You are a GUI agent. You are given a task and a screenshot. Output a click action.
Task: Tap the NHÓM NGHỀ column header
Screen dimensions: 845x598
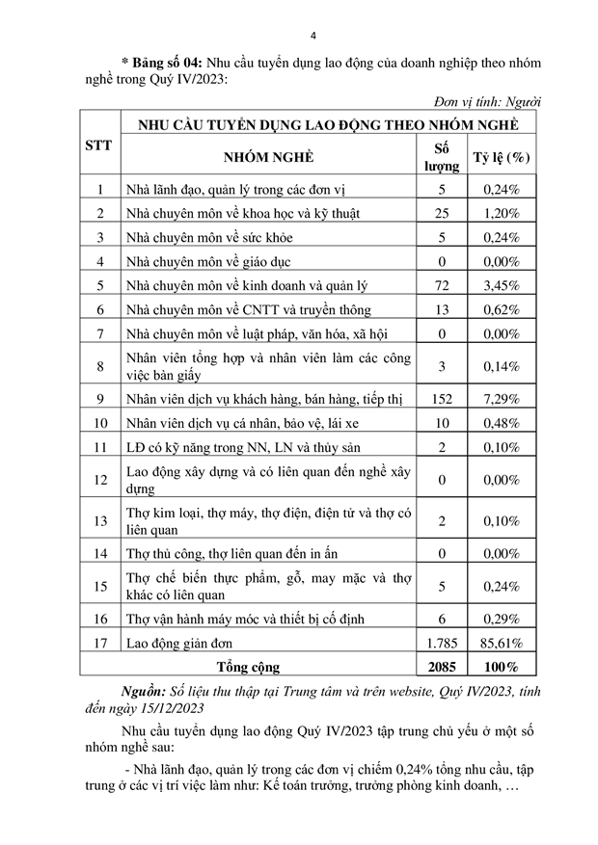pos(269,158)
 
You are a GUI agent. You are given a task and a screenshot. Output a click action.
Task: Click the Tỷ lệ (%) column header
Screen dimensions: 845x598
pos(502,158)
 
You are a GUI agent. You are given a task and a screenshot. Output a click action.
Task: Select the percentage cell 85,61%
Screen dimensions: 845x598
pos(502,641)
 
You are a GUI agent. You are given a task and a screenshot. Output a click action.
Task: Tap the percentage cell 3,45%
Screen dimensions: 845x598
pos(502,286)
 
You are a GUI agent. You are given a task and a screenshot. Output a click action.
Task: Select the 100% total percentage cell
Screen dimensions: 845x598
pos(502,666)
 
